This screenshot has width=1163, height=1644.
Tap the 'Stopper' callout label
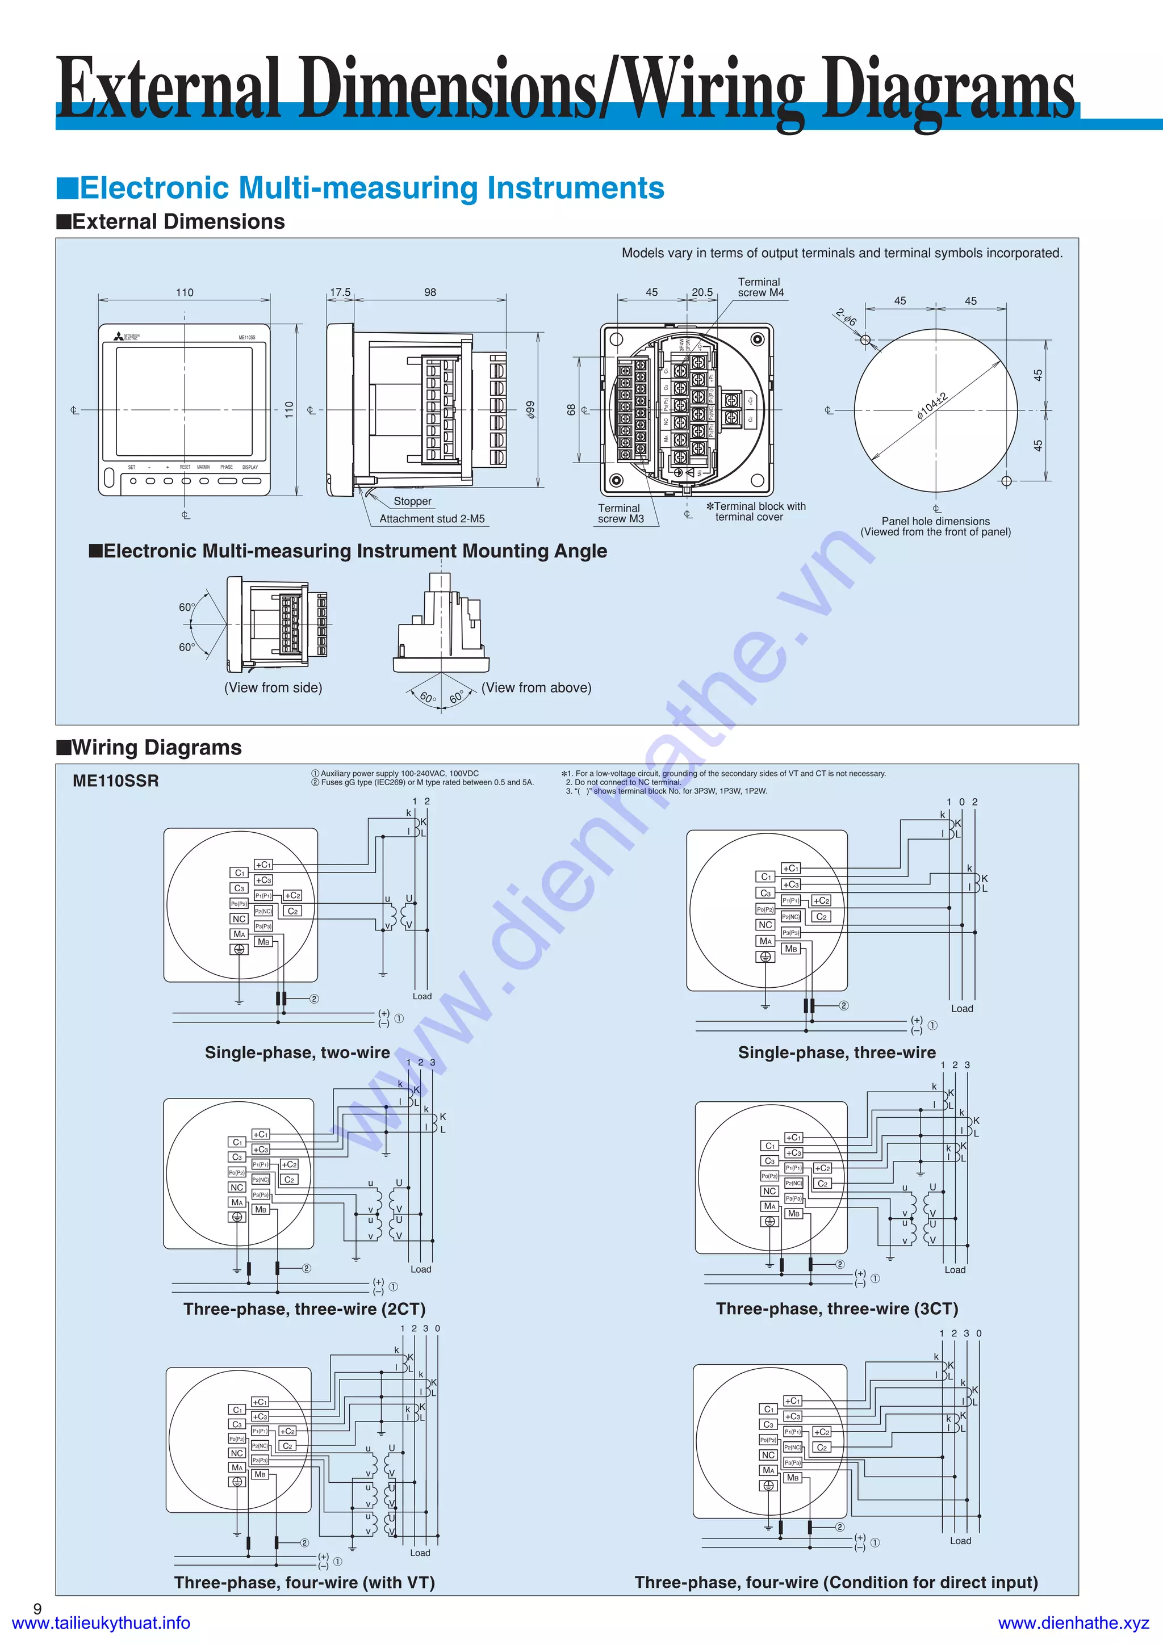[x=412, y=501]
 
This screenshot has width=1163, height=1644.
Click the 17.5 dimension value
[x=340, y=292]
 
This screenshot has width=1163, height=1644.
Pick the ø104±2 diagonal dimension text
[x=932, y=406]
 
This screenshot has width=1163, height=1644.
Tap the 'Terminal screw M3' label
[x=620, y=513]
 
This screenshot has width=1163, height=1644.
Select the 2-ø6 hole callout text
[x=846, y=317]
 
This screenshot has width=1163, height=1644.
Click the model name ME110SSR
[x=115, y=781]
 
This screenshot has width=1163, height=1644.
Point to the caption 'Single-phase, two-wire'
[x=297, y=1052]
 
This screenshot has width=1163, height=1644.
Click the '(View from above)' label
[x=537, y=687]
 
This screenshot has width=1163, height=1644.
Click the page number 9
[x=37, y=1608]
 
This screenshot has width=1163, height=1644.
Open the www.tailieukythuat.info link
[x=101, y=1622]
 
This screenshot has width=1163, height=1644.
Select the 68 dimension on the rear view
[x=571, y=409]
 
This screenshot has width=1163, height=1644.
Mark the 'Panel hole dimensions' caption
[x=935, y=521]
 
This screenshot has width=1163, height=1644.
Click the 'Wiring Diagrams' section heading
[x=156, y=747]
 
